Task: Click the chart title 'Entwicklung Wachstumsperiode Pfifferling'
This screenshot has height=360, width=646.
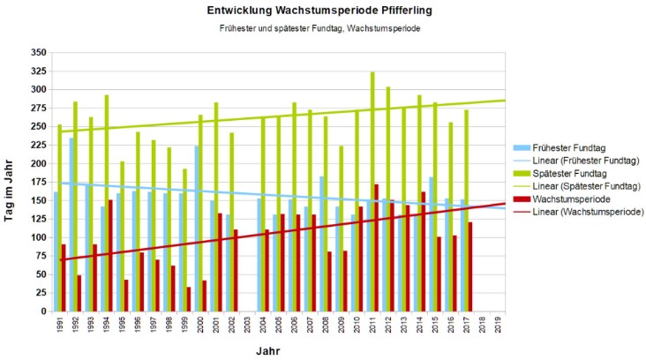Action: pos(319,11)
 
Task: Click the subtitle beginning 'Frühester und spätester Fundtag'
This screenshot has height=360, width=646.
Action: pos(319,29)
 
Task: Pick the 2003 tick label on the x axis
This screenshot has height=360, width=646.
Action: pos(247,325)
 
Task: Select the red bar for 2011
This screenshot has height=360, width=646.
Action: pos(377,248)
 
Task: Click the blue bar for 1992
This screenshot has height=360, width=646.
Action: pos(71,225)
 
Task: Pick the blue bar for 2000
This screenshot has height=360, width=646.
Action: pos(196,229)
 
